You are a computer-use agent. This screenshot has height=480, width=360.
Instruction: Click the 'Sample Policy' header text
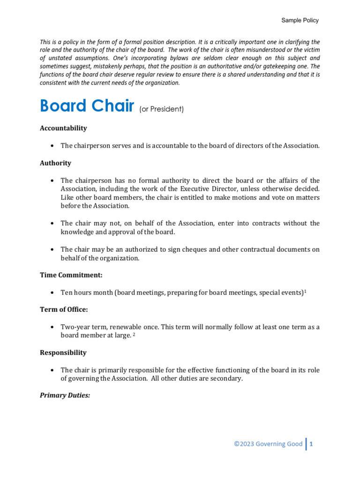tap(300, 20)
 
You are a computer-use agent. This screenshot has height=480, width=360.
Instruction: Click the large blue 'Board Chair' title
tap(87, 106)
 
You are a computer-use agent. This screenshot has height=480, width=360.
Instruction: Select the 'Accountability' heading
tap(63, 128)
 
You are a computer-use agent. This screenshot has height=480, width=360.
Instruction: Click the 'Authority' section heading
tap(55, 163)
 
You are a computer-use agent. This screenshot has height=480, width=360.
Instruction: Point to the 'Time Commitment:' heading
tap(70, 275)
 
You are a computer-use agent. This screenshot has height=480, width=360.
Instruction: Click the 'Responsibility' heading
tap(63, 352)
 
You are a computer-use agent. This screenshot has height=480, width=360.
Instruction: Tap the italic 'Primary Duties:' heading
tap(65, 395)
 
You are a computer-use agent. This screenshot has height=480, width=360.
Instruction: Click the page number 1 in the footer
tap(311, 444)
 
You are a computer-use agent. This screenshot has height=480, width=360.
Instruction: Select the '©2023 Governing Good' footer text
tap(268, 444)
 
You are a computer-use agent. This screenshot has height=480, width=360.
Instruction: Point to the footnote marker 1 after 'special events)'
tap(305, 291)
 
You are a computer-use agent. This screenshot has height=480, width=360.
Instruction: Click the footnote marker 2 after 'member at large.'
tap(134, 335)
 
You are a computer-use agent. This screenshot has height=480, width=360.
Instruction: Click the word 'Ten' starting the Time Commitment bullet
tap(67, 292)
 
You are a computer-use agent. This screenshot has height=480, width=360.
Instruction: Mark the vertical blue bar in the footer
tap(306, 444)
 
